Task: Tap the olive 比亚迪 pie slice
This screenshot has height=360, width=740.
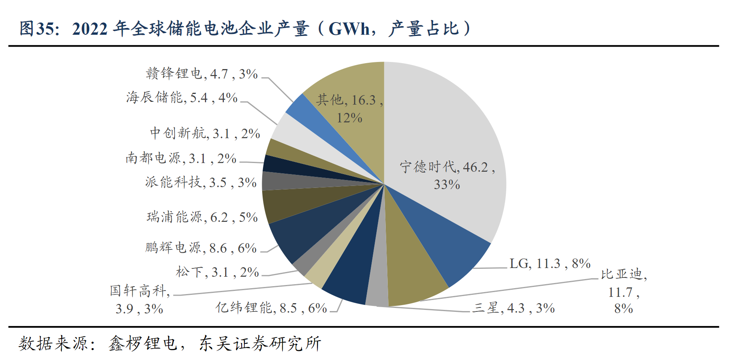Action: tap(411, 268)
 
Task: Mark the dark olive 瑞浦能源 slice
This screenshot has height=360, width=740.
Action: tap(284, 205)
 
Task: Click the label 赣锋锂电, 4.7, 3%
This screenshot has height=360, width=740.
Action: tap(201, 74)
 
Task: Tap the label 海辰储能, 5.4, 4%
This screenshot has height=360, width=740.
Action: tap(182, 97)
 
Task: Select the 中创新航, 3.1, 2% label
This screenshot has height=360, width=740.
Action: tap(205, 133)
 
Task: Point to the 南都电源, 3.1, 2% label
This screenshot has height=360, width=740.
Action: tap(181, 158)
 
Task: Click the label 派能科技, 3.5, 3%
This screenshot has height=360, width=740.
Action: tap(201, 182)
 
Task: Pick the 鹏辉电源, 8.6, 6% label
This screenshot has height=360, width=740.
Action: tap(201, 248)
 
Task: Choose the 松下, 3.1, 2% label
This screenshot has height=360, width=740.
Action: tap(217, 272)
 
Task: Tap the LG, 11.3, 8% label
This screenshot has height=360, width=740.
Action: tap(550, 263)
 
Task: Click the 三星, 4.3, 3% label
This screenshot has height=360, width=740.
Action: tap(513, 308)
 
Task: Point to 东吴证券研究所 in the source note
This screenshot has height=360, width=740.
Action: tap(260, 343)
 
